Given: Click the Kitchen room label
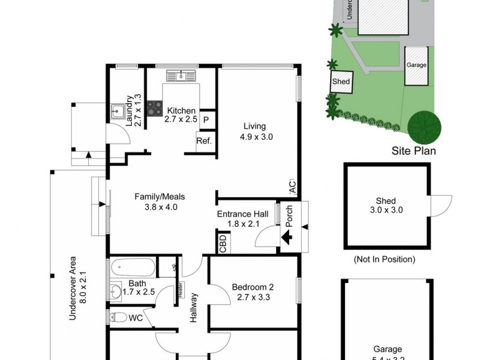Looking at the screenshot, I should [181, 111].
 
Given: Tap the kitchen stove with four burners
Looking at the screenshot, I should [155, 108].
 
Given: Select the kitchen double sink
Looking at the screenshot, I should [180, 75].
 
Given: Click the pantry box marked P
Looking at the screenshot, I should [206, 119].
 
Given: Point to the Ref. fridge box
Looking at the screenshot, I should [203, 142].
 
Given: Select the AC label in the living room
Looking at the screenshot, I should [292, 187].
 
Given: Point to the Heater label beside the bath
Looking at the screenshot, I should [179, 289].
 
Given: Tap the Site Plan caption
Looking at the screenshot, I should [413, 151].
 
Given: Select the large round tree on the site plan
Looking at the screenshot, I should [424, 125].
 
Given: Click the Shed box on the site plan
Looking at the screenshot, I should [341, 81].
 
